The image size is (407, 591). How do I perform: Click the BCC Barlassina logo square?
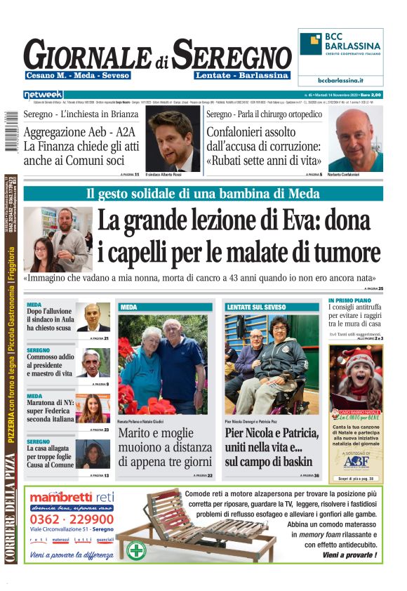pos(311,44)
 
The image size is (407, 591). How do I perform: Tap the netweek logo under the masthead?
pos(43,94)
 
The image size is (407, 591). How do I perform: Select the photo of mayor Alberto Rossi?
pos(174,138)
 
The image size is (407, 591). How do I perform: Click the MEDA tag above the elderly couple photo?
pos(129,307)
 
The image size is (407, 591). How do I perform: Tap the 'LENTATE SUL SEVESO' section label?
pos(257,307)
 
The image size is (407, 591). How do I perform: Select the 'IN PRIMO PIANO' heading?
pos(350,300)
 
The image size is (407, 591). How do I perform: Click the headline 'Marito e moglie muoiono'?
pos(164,447)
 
